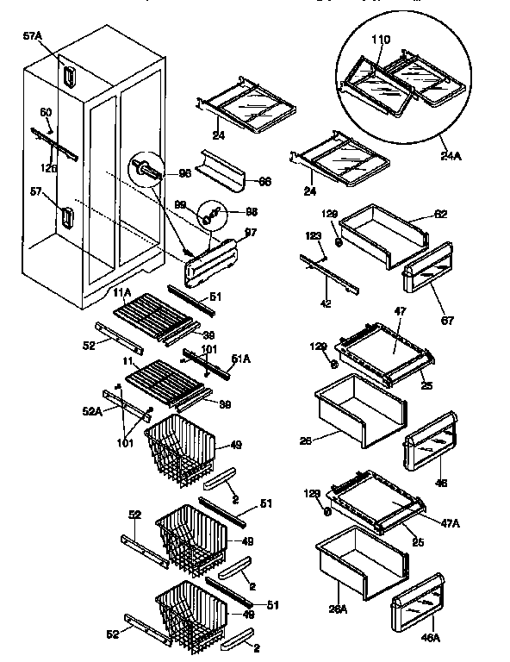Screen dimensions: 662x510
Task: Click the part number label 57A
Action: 32,36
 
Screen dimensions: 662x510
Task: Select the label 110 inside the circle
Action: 381,41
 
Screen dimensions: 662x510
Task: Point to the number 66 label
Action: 264,182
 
